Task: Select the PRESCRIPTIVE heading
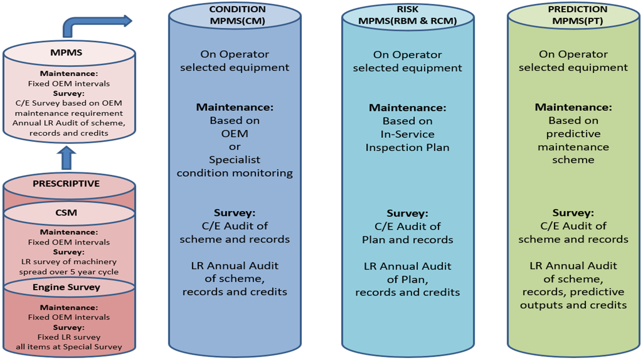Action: click(x=66, y=184)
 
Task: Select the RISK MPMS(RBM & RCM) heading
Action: click(x=407, y=15)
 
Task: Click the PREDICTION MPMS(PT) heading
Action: click(x=574, y=15)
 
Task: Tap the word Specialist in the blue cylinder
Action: click(x=235, y=160)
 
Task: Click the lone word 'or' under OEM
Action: click(x=235, y=146)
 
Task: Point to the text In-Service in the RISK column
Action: click(x=408, y=134)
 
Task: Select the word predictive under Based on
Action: click(x=574, y=134)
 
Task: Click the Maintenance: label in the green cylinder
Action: click(x=574, y=107)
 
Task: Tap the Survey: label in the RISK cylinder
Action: click(x=407, y=213)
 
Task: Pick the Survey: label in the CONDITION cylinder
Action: click(x=235, y=213)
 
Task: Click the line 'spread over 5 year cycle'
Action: click(x=69, y=272)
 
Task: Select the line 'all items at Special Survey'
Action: click(x=69, y=347)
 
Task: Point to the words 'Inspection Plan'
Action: click(x=408, y=147)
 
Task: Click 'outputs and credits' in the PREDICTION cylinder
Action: click(x=574, y=305)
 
